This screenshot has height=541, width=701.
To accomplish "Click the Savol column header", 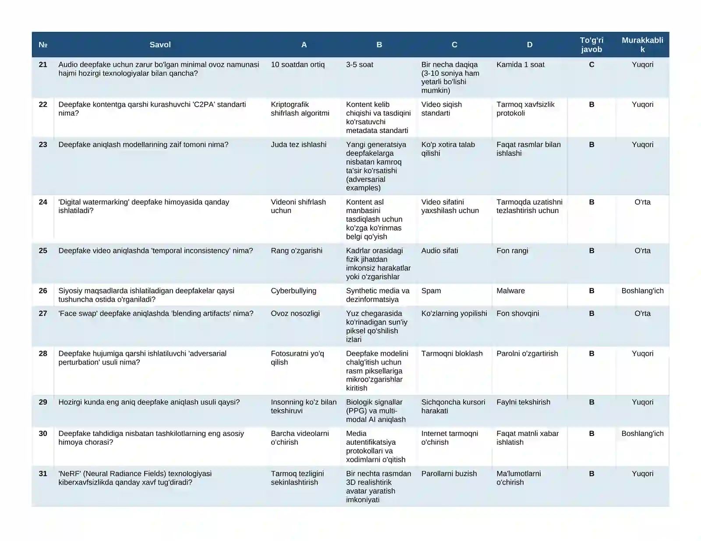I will coord(160,45).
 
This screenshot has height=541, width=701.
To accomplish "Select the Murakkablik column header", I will coord(642,45).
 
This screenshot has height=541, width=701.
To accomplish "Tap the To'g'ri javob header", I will coord(591,45).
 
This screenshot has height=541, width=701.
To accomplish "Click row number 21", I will coord(43,65).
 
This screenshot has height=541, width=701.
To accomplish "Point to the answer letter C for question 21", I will coord(591,65).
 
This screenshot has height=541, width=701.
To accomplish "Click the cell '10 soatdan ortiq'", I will coord(297,65).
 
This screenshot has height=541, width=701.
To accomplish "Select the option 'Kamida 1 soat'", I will coord(520,65).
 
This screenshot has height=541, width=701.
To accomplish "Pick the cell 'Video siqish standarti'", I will coord(442,109).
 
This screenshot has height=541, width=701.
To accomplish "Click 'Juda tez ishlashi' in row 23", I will coord(298,145).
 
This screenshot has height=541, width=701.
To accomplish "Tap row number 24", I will coord(43,202).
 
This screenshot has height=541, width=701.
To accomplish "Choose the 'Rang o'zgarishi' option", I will coord(296,251).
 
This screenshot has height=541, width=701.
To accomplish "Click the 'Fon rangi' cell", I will coord(512,251).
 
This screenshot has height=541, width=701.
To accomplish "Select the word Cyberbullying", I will coord(293,291).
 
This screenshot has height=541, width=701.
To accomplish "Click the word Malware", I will coord(510,291).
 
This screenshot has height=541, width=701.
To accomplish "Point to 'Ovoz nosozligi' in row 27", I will coord(295,314).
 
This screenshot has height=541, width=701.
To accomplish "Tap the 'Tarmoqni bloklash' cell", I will coord(452,354).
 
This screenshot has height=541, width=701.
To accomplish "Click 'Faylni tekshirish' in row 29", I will coord(523,402).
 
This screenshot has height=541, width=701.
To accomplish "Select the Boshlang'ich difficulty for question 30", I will coord(642,434).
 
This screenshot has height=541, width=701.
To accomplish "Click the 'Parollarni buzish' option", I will coord(449,474).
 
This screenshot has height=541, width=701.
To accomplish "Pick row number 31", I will coord(43,474).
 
